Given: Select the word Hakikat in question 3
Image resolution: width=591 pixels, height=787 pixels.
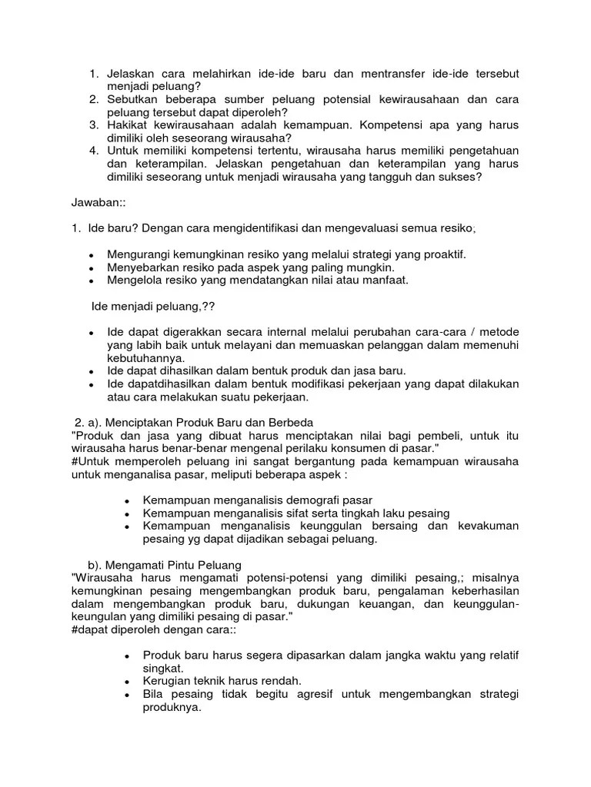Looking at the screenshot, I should coord(129,125).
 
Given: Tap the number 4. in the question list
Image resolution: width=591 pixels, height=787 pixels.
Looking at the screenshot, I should coord(94,151).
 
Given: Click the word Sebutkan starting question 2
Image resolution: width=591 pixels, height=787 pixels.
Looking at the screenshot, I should coord(133,100).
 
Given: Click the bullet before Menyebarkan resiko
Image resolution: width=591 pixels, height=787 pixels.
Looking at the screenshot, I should coord(92,268).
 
